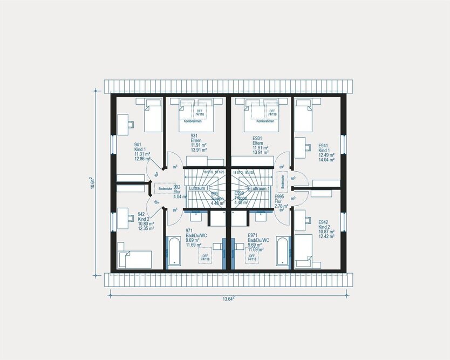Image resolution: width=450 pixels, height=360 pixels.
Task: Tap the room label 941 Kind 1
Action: tap(142, 152)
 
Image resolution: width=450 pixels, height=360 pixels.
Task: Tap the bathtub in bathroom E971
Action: tap(283, 253)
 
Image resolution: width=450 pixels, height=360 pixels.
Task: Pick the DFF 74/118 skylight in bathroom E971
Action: tap(251, 257)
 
